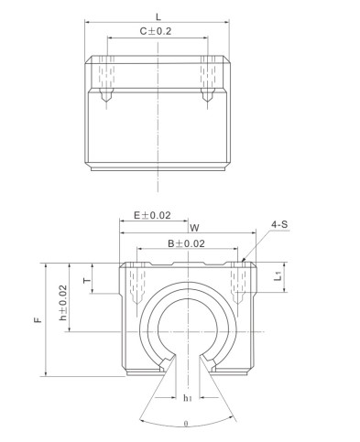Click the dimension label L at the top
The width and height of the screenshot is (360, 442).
(x=158, y=16)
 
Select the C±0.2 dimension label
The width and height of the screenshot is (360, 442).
(x=158, y=31)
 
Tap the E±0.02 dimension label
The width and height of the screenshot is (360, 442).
(x=153, y=216)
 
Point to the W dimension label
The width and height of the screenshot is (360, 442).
(x=193, y=228)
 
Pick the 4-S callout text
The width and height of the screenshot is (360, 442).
(x=280, y=224)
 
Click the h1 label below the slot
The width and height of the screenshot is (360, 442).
(x=187, y=399)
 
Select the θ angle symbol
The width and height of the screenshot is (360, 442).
(x=187, y=424)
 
